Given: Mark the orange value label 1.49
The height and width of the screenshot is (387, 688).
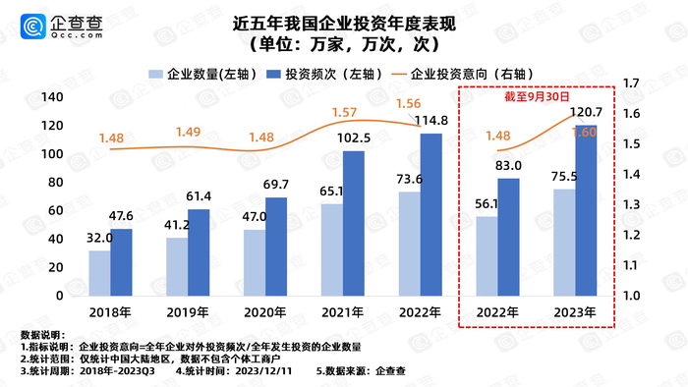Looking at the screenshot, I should (189, 132).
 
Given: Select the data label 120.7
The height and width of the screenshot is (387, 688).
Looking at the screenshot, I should (588, 113).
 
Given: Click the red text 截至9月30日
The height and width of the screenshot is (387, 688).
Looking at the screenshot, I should (538, 97).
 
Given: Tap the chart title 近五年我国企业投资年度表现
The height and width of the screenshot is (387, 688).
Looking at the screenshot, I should (344, 20).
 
